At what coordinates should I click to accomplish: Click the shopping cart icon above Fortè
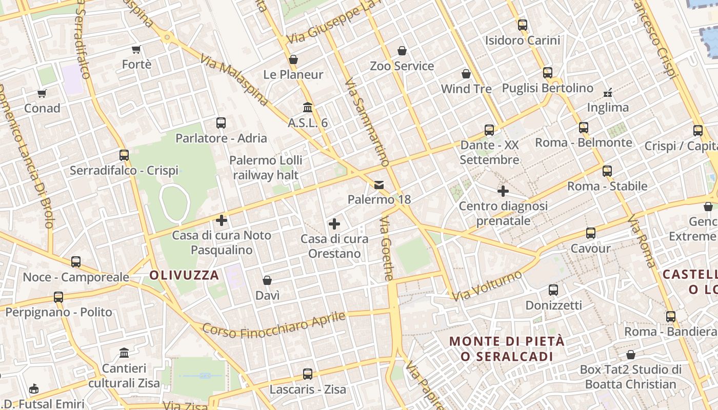tap(136, 50)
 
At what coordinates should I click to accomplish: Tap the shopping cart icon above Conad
tap(42, 93)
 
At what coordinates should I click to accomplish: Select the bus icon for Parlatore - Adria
tap(221, 123)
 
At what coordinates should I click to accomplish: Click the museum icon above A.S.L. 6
tap(308, 107)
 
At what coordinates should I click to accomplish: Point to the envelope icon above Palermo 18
tap(379, 184)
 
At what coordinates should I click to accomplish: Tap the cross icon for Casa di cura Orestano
tap(334, 224)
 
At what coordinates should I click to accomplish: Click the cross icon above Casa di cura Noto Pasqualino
tap(222, 220)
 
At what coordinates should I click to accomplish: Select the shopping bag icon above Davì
tap(267, 280)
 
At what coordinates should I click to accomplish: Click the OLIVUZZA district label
tap(184, 275)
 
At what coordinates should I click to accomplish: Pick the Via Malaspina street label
tap(234, 80)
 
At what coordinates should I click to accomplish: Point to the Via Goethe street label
tap(387, 249)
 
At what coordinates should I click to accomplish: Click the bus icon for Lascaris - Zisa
tap(308, 374)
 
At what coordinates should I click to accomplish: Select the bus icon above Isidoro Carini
tap(523, 25)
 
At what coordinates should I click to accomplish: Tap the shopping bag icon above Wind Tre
tap(466, 74)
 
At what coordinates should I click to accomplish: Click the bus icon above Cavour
tap(591, 233)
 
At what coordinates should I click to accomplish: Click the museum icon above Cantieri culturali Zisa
tap(124, 353)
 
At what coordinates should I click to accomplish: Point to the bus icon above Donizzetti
tap(553, 290)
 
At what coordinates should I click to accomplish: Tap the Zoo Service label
tap(402, 66)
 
